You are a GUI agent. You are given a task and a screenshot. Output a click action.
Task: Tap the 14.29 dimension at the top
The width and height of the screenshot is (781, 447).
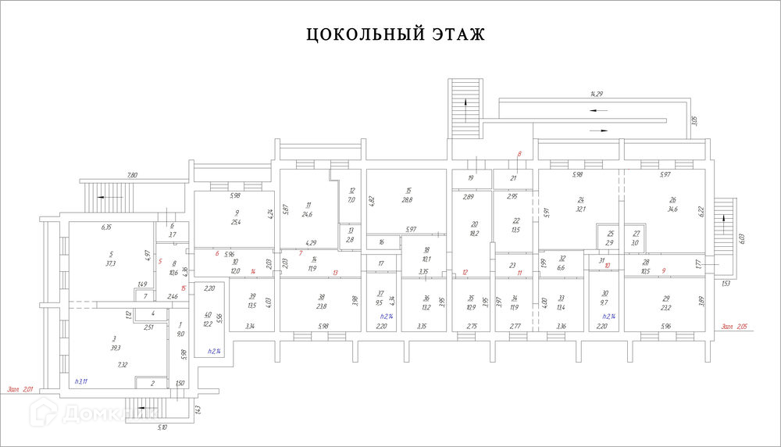(597, 94)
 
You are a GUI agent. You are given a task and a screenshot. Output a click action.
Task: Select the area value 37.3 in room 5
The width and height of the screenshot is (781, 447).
(111, 263)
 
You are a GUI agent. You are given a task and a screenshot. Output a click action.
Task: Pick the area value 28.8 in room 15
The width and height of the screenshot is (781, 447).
(407, 201)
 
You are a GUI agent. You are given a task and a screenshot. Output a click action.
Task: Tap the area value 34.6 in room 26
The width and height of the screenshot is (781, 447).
(672, 210)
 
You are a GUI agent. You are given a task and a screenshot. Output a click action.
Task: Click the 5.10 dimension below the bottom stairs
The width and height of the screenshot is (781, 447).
(162, 427)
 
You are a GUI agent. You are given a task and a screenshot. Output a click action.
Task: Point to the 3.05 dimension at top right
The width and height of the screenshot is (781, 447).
(694, 121)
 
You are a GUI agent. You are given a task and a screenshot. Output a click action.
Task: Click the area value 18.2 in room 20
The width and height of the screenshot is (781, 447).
(473, 233)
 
